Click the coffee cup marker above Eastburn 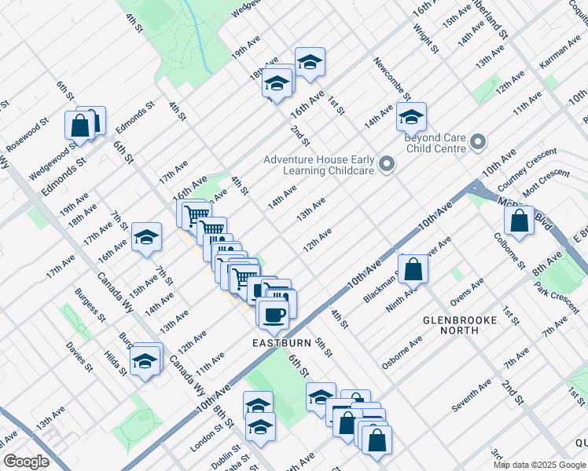tap(273, 316)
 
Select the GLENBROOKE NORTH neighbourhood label tap(461, 325)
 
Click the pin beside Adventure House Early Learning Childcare tap(386, 164)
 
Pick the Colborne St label tap(509, 250)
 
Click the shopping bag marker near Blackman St tap(413, 269)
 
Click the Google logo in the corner tap(25, 462)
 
